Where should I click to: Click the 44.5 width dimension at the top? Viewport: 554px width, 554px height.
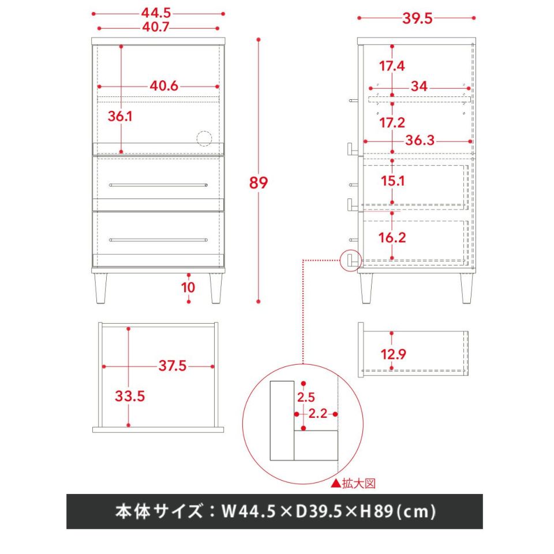pos(156,13)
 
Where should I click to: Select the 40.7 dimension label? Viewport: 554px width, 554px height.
pos(156,27)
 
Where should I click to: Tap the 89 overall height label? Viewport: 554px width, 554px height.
pos(259,183)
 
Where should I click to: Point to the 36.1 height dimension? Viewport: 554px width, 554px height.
pos(120,116)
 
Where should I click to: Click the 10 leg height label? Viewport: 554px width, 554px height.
pos(188,287)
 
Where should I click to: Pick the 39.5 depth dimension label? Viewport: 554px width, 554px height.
pos(417,18)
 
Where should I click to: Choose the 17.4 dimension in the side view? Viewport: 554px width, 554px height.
pos(392,66)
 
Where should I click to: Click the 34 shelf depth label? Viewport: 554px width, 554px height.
pos(419,86)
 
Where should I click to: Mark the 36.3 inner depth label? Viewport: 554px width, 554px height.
pos(420,140)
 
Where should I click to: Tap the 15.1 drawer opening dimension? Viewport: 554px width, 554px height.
pos(392,181)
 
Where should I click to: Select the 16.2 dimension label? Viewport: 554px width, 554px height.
pos(392,237)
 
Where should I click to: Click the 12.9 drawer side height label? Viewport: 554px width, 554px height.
pos(393,354)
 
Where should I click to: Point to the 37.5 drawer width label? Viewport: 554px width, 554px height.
pos(172,366)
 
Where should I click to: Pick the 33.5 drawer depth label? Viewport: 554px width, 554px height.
pos(130,396)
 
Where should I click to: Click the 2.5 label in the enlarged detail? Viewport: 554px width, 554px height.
pos(306,397)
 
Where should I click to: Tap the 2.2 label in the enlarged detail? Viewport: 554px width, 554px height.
pos(317,413)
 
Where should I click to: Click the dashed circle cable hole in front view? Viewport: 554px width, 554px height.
pos(204,138)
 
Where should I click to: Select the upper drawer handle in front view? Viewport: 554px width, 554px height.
pos(158,185)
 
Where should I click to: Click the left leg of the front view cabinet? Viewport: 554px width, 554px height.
pos(100,289)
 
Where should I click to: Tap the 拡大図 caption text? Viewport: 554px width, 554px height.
pos(358,483)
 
